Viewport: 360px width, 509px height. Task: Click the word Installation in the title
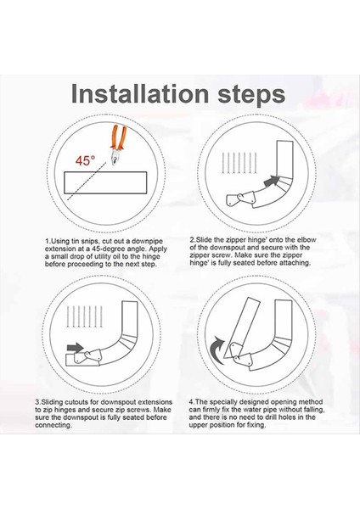tap(140, 94)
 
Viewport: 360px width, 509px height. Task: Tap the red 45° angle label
tap(86, 160)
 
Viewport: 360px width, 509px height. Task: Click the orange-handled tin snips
tap(119, 144)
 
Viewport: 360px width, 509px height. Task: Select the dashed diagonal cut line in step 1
tap(87, 181)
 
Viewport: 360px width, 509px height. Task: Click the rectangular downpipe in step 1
tap(105, 182)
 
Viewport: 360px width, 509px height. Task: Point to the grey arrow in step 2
tap(272, 181)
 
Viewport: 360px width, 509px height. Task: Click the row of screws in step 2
tap(239, 163)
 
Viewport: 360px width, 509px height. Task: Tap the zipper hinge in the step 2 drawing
tap(241, 199)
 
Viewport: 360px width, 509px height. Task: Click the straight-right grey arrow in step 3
tap(75, 348)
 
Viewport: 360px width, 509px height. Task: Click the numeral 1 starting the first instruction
tap(47, 241)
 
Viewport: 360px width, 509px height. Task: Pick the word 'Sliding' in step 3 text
tap(53, 402)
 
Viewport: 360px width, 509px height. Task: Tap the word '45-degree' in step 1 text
tap(101, 249)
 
